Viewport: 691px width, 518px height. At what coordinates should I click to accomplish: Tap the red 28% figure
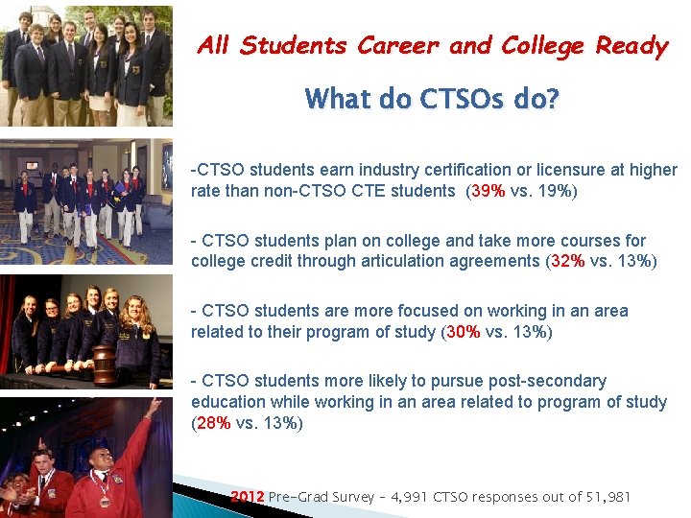tap(213, 423)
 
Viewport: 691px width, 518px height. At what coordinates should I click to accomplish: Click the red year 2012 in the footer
tap(248, 497)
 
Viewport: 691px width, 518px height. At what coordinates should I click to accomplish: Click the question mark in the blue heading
tap(551, 99)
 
